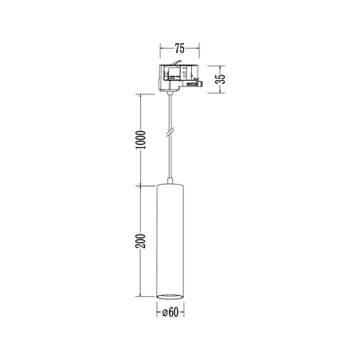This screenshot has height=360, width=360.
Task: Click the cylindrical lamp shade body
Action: pyautogui.click(x=172, y=240)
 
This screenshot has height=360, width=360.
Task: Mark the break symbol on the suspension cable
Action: pyautogui.click(x=170, y=132)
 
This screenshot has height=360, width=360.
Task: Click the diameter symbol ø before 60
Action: pyautogui.click(x=166, y=313)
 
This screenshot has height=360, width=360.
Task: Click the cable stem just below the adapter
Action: pyautogui.click(x=171, y=100)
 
